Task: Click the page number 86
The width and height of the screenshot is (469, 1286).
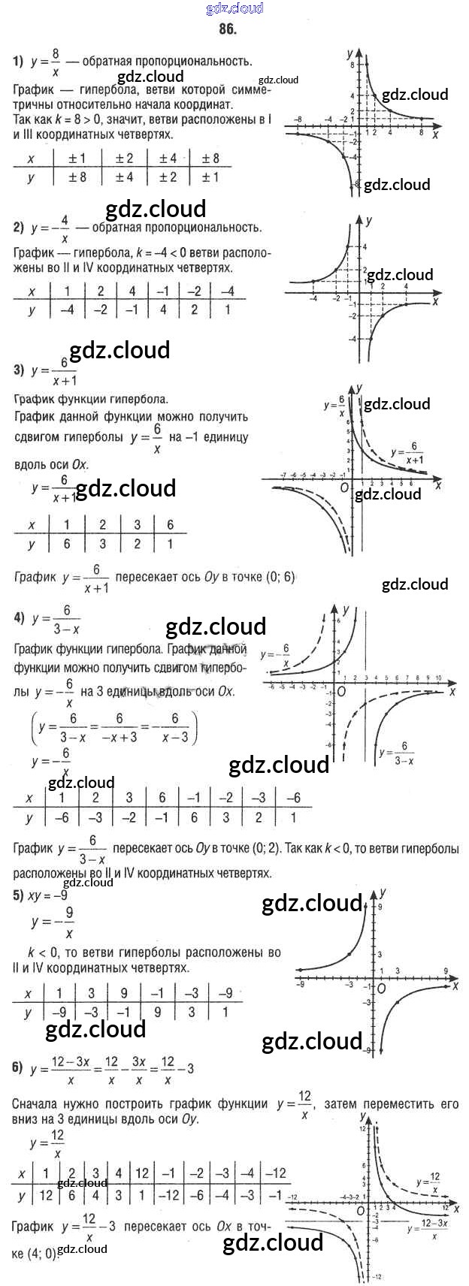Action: pos(227,29)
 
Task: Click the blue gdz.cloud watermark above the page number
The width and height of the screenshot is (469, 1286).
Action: pos(234,8)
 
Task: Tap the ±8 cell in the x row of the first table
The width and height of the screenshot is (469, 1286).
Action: pos(210,158)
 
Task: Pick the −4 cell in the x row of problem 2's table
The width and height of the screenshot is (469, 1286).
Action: pos(228,291)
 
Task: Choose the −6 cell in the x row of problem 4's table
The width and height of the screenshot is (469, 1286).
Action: pos(294,798)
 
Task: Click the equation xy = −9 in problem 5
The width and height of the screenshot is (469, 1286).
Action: pos(47,895)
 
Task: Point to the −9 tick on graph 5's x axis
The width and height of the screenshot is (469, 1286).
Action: pos(301,983)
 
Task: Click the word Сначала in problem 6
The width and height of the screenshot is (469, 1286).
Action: pos(38,1103)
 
